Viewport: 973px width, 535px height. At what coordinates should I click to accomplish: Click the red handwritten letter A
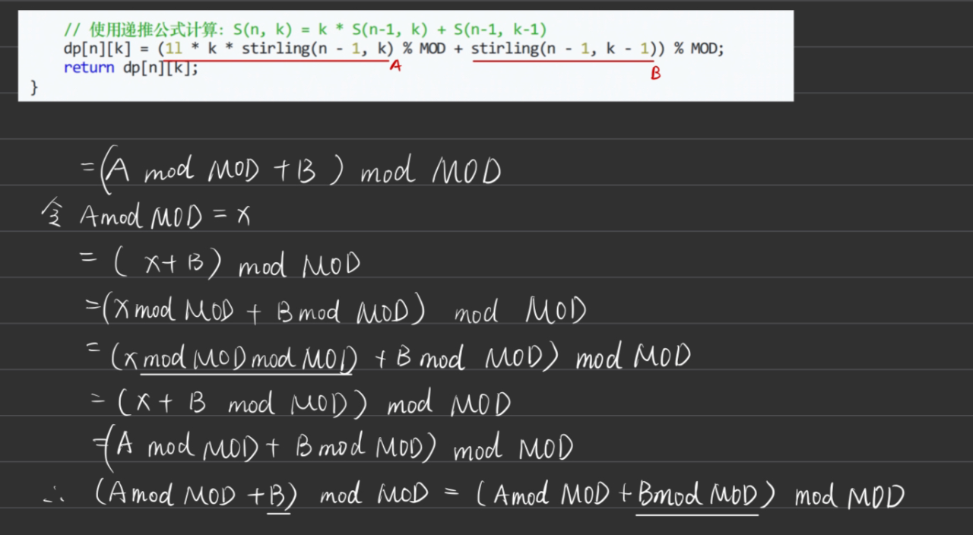coord(395,67)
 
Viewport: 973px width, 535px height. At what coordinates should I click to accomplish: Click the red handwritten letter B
coord(655,74)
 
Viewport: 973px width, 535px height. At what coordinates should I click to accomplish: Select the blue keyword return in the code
coord(88,68)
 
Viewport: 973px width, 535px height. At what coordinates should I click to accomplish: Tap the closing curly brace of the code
coord(33,87)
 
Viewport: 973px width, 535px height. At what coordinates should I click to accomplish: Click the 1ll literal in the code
coord(174,49)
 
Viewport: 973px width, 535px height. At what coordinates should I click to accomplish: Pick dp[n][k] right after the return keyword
coord(160,68)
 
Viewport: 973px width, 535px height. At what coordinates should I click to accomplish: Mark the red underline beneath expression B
coord(563,62)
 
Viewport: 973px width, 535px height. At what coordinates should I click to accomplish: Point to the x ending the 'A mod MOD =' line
coord(242,217)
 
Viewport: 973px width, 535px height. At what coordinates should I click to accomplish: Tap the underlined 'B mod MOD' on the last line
coord(697,497)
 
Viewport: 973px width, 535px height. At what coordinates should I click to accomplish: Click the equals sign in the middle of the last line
coord(451,495)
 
